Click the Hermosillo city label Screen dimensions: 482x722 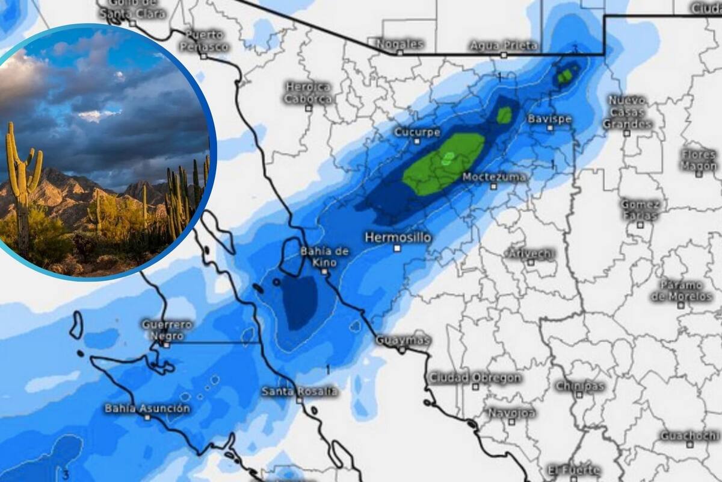point(397,237)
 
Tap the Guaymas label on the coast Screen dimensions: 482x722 point(403,340)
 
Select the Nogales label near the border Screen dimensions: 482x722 point(400,44)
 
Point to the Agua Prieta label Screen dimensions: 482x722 point(504,45)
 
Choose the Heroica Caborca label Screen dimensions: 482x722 point(308,93)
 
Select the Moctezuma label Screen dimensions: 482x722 point(494,177)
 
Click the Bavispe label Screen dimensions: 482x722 point(549,119)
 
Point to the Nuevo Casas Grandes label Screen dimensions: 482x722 point(627,112)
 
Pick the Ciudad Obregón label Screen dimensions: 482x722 point(475,378)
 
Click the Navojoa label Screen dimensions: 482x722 point(511,413)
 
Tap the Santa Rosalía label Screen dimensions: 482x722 point(299,392)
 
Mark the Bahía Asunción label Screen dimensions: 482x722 point(147,408)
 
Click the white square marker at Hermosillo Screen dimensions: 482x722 point(397,248)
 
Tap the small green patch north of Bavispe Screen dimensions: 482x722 point(565,76)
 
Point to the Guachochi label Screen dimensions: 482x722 point(690,436)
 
